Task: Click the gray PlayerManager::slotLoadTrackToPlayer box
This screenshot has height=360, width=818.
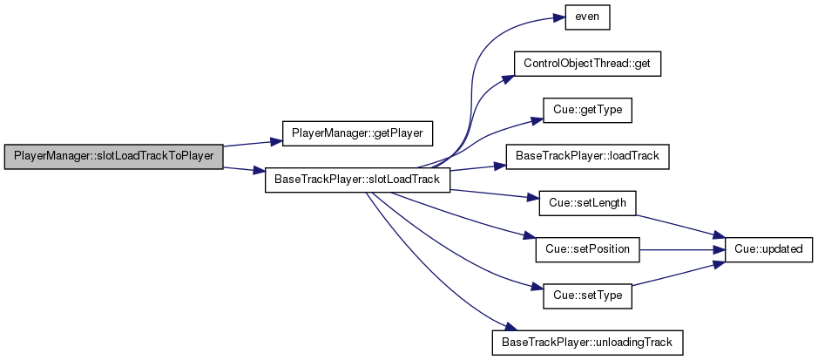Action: tap(114, 157)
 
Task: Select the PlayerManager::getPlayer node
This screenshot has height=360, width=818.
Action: tap(357, 133)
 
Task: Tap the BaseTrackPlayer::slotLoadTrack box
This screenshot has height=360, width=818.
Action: tap(357, 180)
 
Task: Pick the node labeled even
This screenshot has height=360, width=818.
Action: tap(587, 17)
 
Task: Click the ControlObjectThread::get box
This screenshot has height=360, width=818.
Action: tap(587, 65)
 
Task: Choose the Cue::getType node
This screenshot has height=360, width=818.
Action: tap(587, 111)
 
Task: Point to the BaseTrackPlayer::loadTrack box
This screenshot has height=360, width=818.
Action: tap(587, 157)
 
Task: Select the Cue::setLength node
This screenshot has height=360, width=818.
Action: tap(587, 203)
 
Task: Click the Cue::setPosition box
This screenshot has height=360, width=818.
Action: tap(587, 249)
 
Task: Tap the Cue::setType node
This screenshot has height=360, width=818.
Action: tap(587, 295)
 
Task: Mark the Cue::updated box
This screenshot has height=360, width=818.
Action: tap(768, 249)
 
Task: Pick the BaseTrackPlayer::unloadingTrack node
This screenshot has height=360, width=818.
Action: tap(587, 343)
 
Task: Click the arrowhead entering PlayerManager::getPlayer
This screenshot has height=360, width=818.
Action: tap(276, 141)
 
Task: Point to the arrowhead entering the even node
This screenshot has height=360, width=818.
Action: tap(559, 17)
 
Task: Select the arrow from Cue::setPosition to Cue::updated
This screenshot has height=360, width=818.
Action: tap(682, 250)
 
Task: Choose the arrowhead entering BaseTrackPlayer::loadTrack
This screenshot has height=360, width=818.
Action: tap(500, 166)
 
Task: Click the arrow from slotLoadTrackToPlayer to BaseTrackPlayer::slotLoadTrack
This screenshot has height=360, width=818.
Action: tap(244, 170)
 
